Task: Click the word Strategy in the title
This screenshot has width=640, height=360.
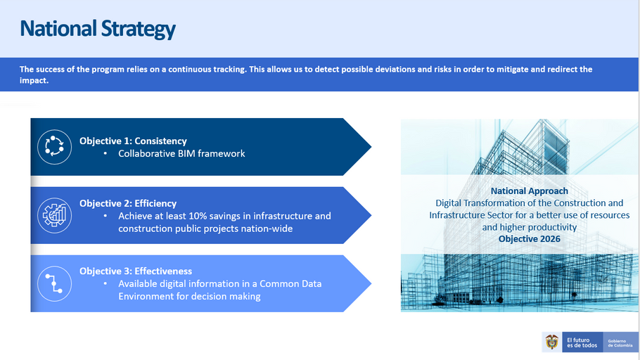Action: [139, 30]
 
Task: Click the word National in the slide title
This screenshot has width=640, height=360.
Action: [58, 28]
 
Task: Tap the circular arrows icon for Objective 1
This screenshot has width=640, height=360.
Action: [54, 147]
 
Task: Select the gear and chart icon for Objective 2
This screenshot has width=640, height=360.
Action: [54, 215]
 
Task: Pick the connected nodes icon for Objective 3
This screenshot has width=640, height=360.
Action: [54, 283]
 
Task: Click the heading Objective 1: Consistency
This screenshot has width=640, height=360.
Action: [133, 141]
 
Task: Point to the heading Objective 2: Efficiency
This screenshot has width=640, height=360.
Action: [128, 203]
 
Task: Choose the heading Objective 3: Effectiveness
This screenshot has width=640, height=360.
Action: [136, 271]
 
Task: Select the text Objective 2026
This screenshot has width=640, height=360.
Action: [530, 239]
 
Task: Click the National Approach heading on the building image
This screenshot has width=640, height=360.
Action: [530, 191]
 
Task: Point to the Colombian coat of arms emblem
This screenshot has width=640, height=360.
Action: [552, 342]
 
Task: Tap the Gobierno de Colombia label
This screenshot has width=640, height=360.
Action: [620, 343]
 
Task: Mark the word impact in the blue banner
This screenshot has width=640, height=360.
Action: [33, 80]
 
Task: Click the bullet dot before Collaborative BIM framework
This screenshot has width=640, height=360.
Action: [105, 153]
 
